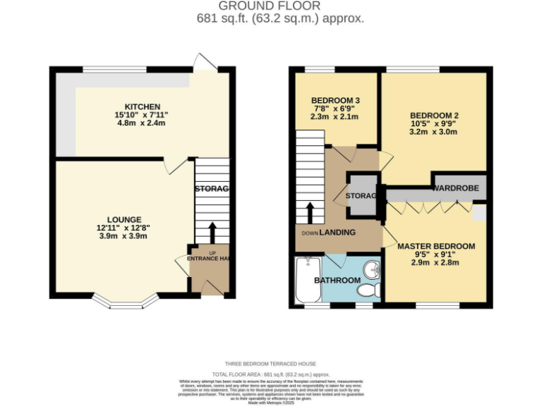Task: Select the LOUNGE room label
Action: click(x=124, y=219)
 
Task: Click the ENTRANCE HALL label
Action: click(x=210, y=259)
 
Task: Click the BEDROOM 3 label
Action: click(x=335, y=100)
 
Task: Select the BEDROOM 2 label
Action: click(x=435, y=115)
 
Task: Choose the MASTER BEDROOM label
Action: click(x=435, y=246)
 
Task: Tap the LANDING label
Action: click(x=337, y=233)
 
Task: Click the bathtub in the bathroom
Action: click(x=306, y=280)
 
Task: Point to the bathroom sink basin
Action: click(x=372, y=270)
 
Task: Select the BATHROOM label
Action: click(x=337, y=280)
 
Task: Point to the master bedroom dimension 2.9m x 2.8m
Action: click(x=435, y=262)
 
